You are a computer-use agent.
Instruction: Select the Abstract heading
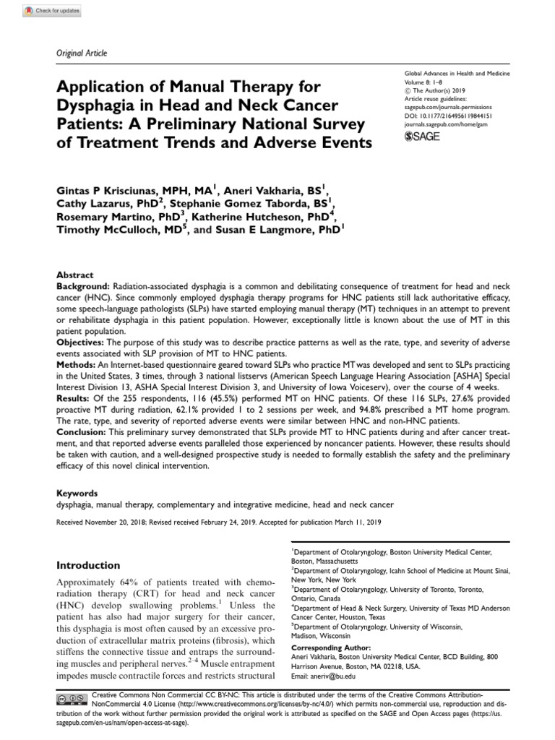point(74,275)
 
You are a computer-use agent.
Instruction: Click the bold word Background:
point(84,285)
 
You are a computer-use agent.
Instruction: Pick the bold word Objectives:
point(81,335)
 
